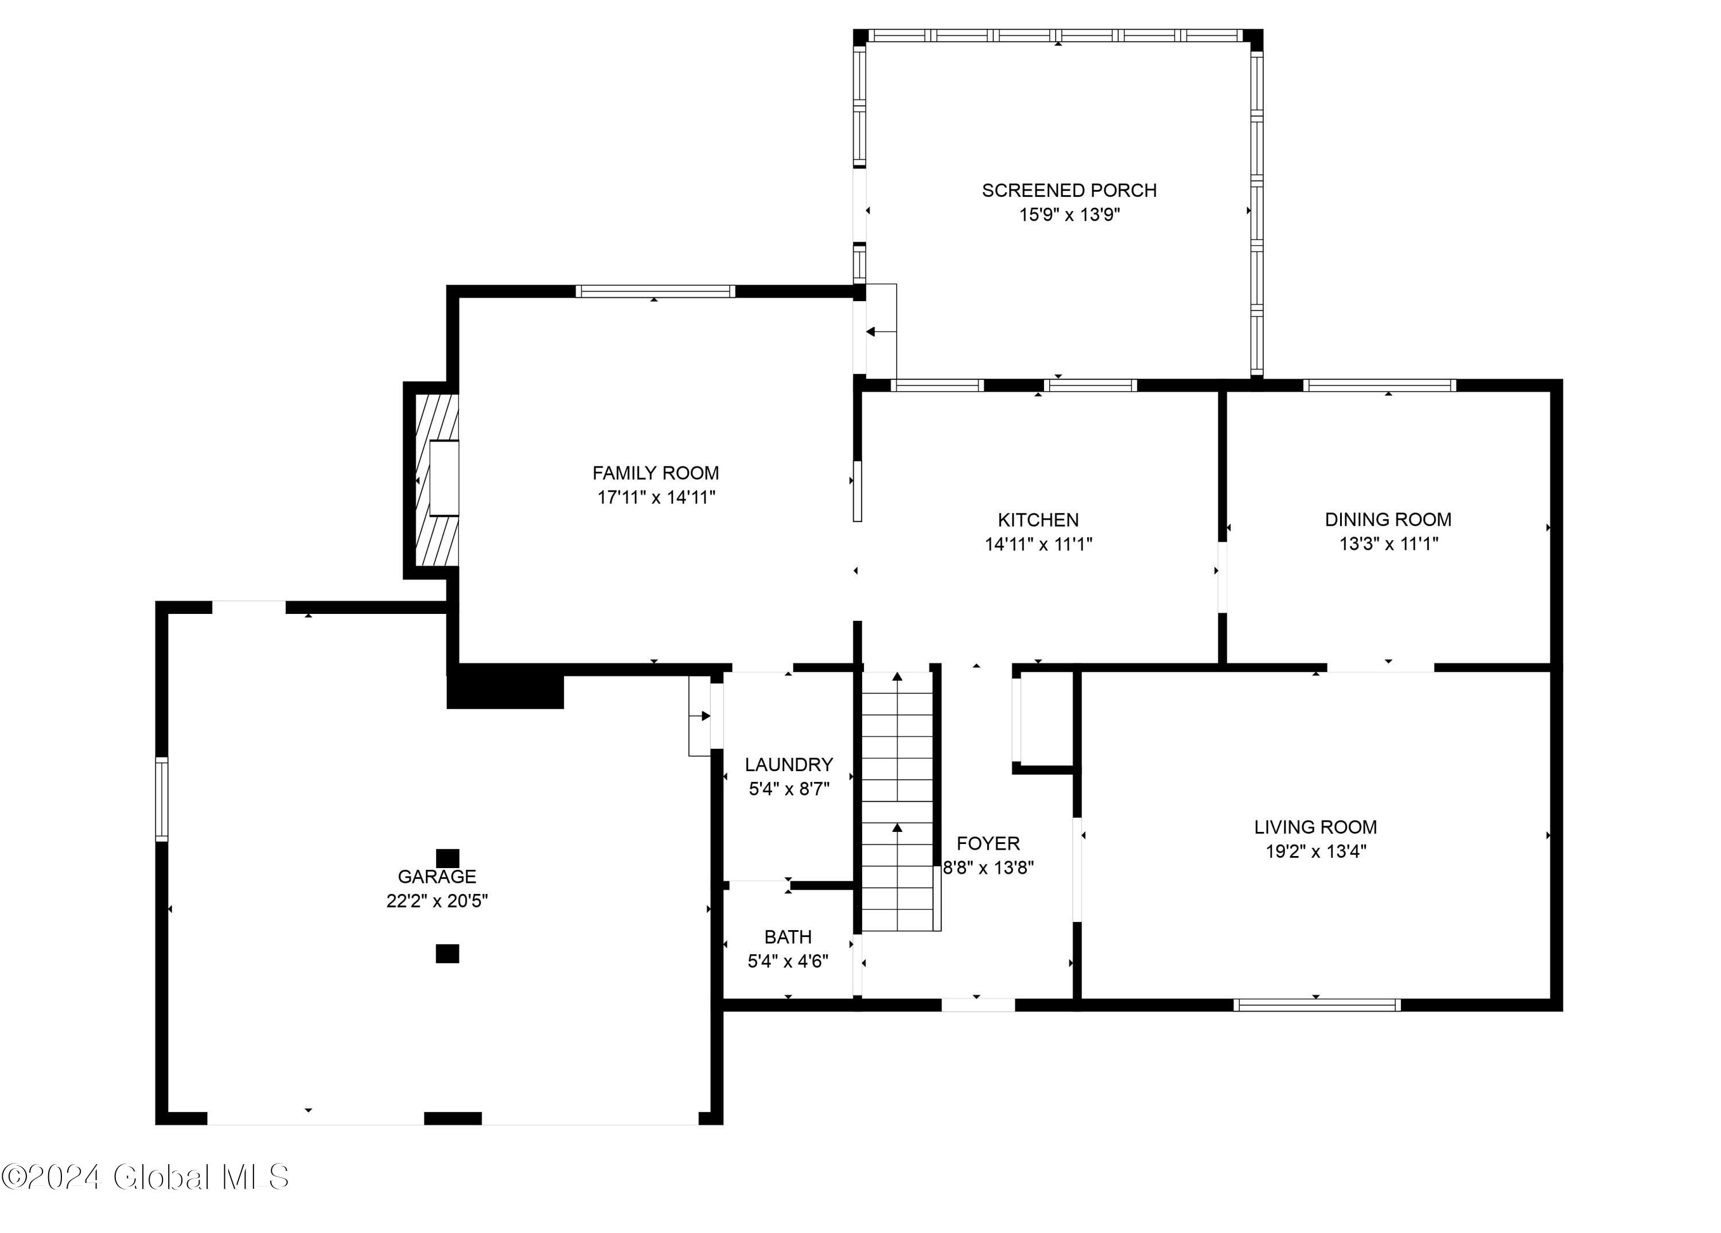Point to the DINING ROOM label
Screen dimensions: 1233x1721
pyautogui.click(x=1387, y=520)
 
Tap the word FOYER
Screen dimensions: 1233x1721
pyautogui.click(x=987, y=843)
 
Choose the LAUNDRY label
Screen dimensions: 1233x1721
pyautogui.click(x=788, y=764)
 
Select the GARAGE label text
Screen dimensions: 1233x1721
pyautogui.click(x=437, y=876)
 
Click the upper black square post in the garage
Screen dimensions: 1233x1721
pyautogui.click(x=447, y=858)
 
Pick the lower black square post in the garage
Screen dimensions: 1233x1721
pyautogui.click(x=447, y=954)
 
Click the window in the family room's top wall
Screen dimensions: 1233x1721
pyautogui.click(x=655, y=291)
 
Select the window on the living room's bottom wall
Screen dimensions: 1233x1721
pyautogui.click(x=1317, y=1005)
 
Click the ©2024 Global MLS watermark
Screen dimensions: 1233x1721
pyautogui.click(x=145, y=1177)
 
